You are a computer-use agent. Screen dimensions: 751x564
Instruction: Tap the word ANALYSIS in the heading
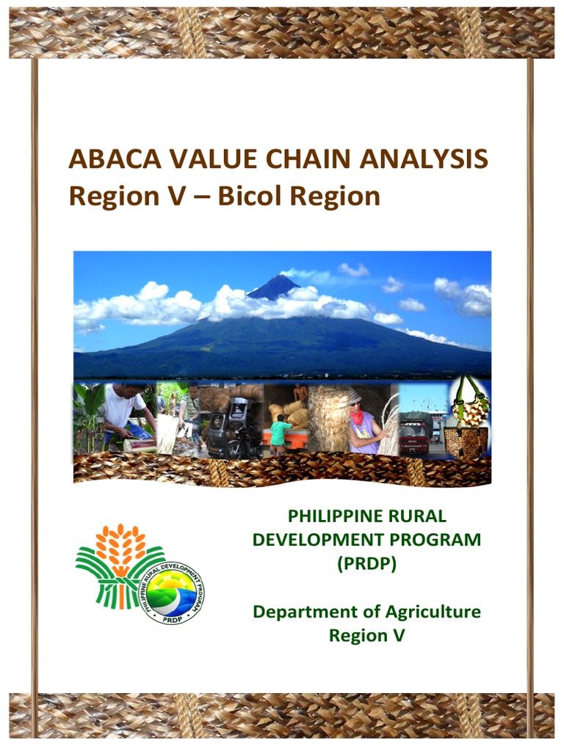[428, 159]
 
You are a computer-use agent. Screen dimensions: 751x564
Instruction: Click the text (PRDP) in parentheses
[366, 565]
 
